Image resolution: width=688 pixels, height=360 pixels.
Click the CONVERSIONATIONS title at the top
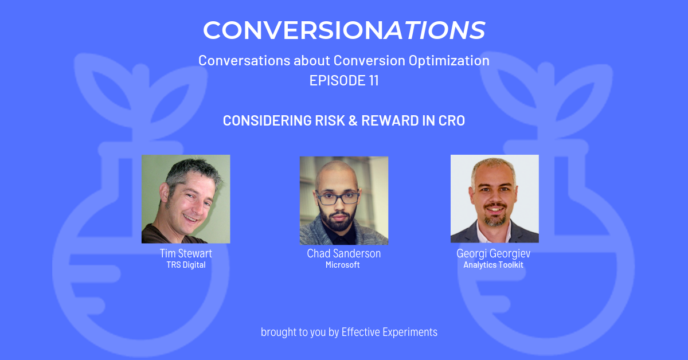pos(344,30)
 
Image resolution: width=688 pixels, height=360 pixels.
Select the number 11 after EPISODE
pos(373,80)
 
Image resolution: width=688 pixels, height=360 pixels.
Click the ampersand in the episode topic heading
pos(353,120)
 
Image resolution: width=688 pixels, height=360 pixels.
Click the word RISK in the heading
pos(330,120)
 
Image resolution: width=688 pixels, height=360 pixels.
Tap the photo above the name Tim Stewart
pos(186,199)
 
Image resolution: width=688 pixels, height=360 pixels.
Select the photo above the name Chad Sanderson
pos(344,201)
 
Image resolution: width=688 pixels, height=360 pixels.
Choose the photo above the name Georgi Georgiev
pos(494,199)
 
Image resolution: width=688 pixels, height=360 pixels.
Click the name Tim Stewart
pos(186,253)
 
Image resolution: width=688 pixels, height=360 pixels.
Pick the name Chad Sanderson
pos(343,253)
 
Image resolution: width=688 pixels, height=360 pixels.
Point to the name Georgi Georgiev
pos(493,254)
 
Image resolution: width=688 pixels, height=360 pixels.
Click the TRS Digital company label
pos(186,265)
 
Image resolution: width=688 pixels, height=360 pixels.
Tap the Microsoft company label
pos(342,265)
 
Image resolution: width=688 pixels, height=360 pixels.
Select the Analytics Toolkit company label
pos(493,265)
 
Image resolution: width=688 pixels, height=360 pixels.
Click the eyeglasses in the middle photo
pos(338,197)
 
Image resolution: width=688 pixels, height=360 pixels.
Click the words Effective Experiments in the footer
pos(389,332)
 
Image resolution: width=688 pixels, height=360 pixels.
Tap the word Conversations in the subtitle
pos(244,61)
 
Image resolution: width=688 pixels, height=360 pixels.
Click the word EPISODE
pos(337,80)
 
